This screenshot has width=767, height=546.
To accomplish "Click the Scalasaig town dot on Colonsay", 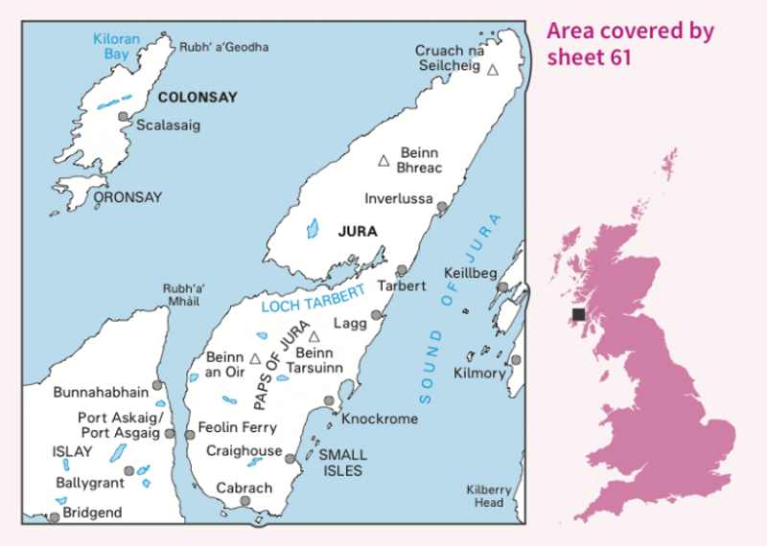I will [123, 116].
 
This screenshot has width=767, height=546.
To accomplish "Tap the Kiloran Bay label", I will [116, 47].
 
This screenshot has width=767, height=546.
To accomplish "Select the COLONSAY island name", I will [197, 97].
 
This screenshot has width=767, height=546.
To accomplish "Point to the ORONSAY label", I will [128, 197].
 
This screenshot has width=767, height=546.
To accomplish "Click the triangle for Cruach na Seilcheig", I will [493, 69].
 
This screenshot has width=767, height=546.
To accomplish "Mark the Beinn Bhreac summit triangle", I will [383, 161].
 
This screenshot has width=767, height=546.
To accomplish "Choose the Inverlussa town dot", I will [442, 206].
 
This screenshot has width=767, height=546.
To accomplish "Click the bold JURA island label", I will [358, 231].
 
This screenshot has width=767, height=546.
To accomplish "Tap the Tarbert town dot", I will [402, 270].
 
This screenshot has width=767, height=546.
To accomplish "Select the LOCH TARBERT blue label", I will [313, 299].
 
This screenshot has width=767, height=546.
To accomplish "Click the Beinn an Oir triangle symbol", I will [255, 358].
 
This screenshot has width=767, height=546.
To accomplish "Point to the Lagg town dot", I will [377, 314].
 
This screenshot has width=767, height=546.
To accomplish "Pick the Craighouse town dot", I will [290, 459].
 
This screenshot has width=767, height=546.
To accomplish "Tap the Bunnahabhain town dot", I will [157, 385].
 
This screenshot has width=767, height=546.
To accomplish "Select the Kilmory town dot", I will [516, 360].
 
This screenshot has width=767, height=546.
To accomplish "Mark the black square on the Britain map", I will [578, 314].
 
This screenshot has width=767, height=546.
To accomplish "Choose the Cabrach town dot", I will [246, 500].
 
